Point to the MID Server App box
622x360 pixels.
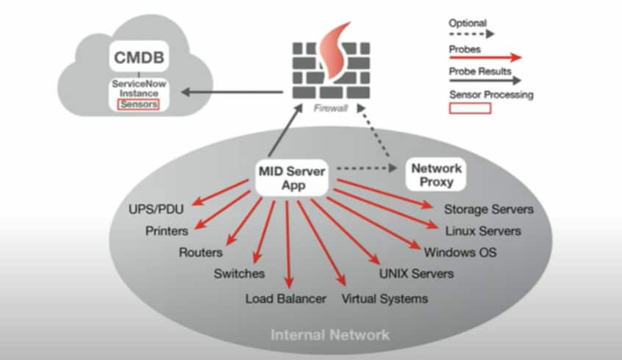[293, 177]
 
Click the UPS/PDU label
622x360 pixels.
[156, 209]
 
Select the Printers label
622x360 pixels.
[167, 231]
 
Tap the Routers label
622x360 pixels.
[201, 253]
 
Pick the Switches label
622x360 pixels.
[239, 274]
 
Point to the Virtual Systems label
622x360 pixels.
[385, 299]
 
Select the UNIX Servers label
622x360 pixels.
[415, 274]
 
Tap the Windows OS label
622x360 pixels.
[460, 253]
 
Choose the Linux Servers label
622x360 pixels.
[482, 231]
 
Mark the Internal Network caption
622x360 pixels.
[330, 335]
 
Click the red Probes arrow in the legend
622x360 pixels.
[485, 56]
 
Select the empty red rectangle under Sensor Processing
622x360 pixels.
[470, 108]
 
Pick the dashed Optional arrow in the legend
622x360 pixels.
[471, 34]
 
